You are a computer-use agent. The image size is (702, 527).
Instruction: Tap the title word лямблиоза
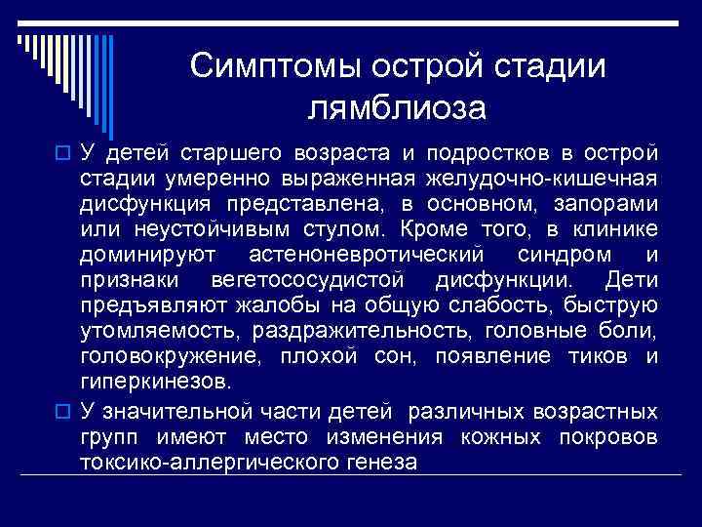pos(397,107)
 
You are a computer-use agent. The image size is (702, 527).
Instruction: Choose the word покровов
pos(609,433)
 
